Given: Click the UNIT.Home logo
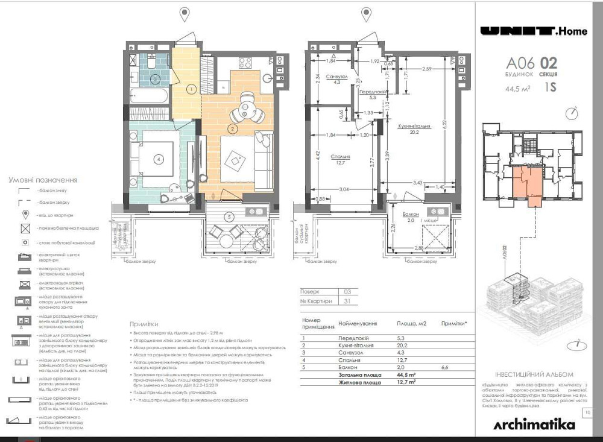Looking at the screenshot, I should point(533,31).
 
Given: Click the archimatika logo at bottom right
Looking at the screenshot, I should point(534,425).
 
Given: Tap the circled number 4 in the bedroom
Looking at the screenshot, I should point(159,160).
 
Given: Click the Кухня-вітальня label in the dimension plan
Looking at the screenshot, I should point(414,127).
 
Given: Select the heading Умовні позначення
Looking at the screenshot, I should point(43,180).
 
